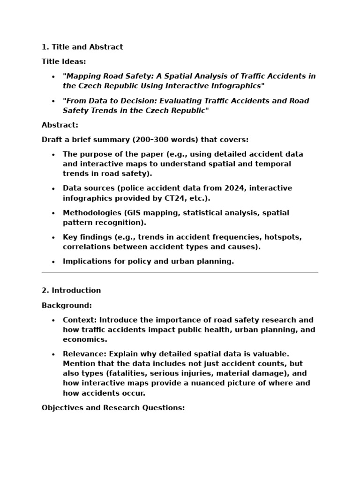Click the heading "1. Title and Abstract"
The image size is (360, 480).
click(82, 47)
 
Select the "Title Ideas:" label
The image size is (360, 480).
click(64, 61)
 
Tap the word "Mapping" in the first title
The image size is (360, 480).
click(83, 76)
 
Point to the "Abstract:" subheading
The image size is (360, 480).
click(60, 125)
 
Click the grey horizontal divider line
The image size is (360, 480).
click(180, 272)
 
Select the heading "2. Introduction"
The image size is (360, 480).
click(71, 291)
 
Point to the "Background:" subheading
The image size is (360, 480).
click(67, 306)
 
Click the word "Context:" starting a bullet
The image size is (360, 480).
click(80, 320)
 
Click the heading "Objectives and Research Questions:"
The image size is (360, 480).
click(113, 408)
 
